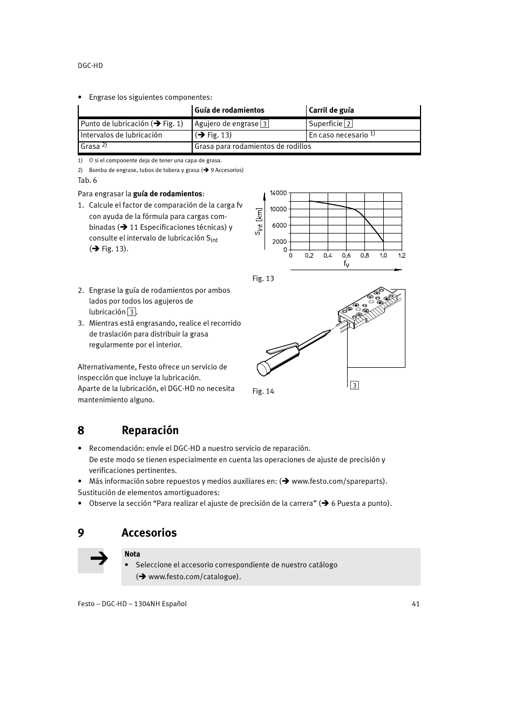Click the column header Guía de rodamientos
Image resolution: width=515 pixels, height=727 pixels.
click(229, 111)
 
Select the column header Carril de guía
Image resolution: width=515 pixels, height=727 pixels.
click(331, 111)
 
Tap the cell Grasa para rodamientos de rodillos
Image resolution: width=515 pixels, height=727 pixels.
click(253, 147)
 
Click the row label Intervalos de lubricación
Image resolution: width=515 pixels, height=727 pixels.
click(121, 135)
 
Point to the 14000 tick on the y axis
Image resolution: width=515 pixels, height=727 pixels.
click(279, 193)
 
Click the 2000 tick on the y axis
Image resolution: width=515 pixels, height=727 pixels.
click(280, 242)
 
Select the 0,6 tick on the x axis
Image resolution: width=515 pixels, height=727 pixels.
click(346, 256)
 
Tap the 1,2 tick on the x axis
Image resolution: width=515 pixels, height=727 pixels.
click(402, 256)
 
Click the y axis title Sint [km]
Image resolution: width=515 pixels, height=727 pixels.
click(259, 222)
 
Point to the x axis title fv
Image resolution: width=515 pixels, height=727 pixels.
click(347, 264)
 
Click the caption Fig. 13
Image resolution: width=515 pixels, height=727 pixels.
click(263, 279)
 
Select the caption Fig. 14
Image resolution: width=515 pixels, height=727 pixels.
click(263, 392)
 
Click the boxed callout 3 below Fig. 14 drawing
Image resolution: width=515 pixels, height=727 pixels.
click(355, 385)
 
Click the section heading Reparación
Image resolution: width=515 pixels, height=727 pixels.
click(150, 430)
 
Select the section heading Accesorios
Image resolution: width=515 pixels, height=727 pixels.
click(149, 533)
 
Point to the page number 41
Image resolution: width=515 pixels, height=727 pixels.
click(415, 604)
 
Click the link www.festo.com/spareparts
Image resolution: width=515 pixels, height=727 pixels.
click(338, 482)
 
